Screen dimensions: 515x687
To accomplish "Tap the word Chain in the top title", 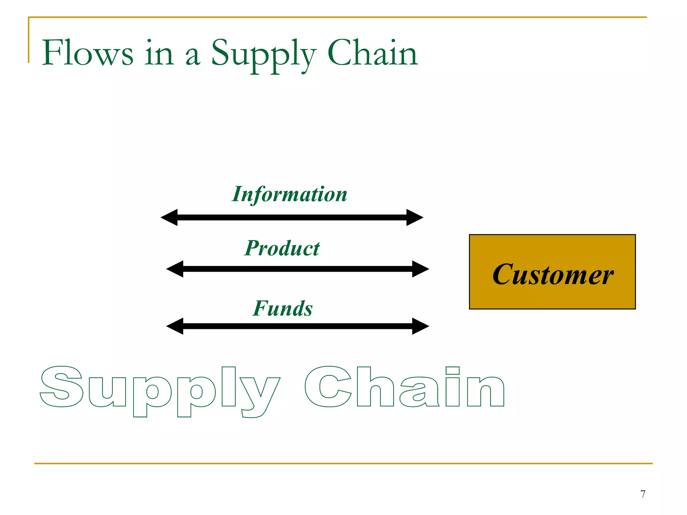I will [x=372, y=53].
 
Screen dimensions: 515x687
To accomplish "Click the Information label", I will [x=289, y=194].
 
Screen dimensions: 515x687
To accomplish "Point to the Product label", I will [x=282, y=248].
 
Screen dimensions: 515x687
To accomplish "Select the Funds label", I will [x=282, y=308].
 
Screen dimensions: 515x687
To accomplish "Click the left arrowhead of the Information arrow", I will [x=170, y=218].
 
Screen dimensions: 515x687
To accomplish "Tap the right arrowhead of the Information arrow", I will [x=415, y=218].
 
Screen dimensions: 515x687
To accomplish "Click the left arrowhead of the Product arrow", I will [x=175, y=269].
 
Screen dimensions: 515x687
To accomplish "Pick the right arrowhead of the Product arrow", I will [x=420, y=269].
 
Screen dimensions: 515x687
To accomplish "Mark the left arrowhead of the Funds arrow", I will [x=175, y=326].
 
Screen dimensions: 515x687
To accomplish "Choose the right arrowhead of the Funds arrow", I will [x=420, y=326].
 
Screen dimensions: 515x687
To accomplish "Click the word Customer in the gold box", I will [x=552, y=275].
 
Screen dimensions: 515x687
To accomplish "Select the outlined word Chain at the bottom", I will [x=404, y=387].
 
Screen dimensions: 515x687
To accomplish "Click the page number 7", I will [x=643, y=494].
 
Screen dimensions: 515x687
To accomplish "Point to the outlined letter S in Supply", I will [x=62, y=387].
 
